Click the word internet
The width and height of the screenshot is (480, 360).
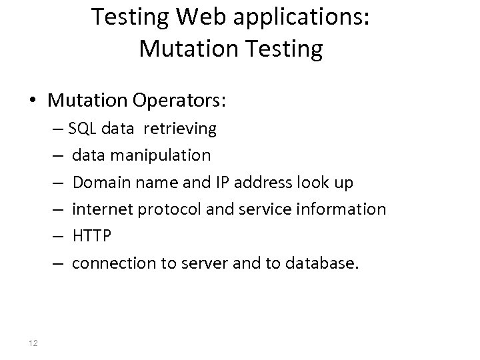101,209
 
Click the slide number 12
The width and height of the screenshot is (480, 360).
34,343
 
